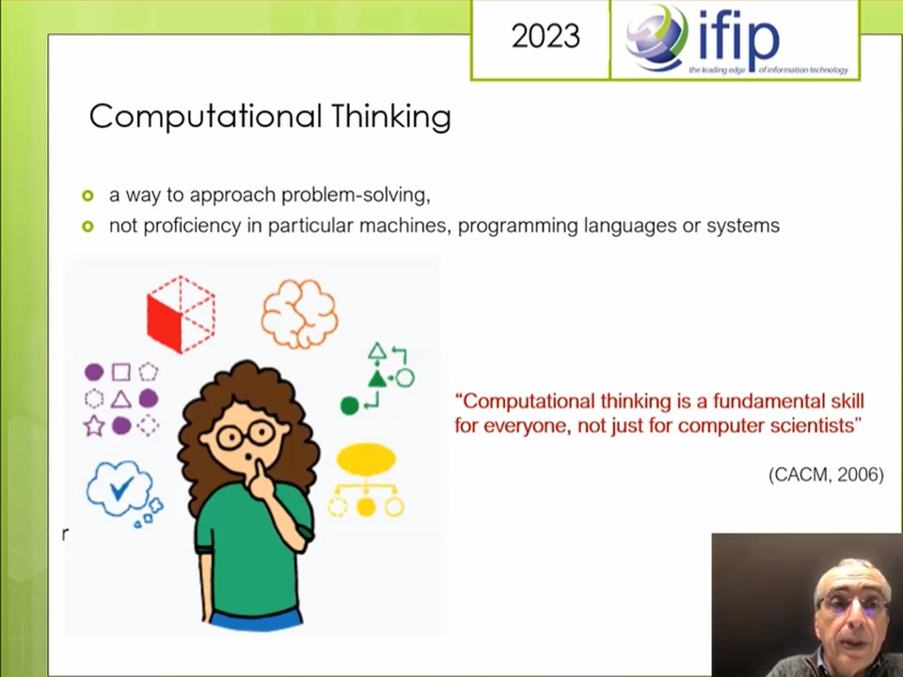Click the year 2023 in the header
tap(546, 37)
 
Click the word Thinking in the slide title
tap(391, 117)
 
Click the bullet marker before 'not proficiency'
tap(87, 227)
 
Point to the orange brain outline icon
tap(299, 314)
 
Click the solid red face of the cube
tap(164, 323)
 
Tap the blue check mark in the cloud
tap(121, 489)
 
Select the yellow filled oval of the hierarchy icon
tap(366, 459)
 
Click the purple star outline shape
tap(94, 426)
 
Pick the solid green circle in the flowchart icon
tap(350, 406)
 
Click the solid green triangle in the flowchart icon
tap(377, 378)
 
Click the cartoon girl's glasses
tap(246, 434)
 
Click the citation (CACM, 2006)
tap(826, 474)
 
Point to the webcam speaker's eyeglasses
tap(853, 605)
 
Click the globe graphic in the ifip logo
tap(657, 37)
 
